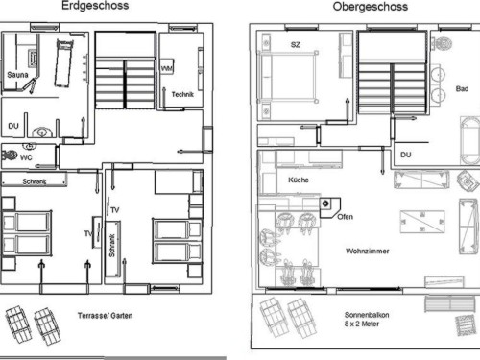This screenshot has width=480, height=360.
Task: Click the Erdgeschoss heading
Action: tap(95, 6)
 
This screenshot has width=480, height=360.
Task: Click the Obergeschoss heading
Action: tap(371, 7)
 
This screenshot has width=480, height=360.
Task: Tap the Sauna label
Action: tap(17, 75)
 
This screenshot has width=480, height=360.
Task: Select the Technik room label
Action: tap(182, 94)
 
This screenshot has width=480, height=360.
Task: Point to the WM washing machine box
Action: tap(167, 67)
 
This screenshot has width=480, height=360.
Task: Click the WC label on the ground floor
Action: tap(26, 157)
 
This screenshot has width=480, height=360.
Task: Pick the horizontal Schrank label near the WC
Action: tap(35, 181)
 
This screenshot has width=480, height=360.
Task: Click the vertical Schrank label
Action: tap(111, 246)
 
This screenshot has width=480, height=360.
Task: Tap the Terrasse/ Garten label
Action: tap(105, 316)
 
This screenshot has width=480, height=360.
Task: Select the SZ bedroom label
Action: tap(296, 45)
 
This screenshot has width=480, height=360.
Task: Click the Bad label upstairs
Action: tap(462, 89)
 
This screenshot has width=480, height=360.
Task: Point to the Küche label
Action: tap(299, 180)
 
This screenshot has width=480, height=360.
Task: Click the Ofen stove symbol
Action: tap(329, 207)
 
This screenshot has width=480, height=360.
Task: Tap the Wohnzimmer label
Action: tap(368, 251)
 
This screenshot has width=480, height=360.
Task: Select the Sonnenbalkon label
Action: tap(367, 315)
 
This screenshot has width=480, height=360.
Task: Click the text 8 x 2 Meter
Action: tap(362, 324)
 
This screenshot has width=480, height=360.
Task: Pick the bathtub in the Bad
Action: tap(469, 141)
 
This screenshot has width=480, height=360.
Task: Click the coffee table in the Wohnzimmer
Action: tap(422, 222)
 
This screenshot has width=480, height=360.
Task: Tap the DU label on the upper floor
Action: tap(406, 155)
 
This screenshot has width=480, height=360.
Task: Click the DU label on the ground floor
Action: tap(13, 126)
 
